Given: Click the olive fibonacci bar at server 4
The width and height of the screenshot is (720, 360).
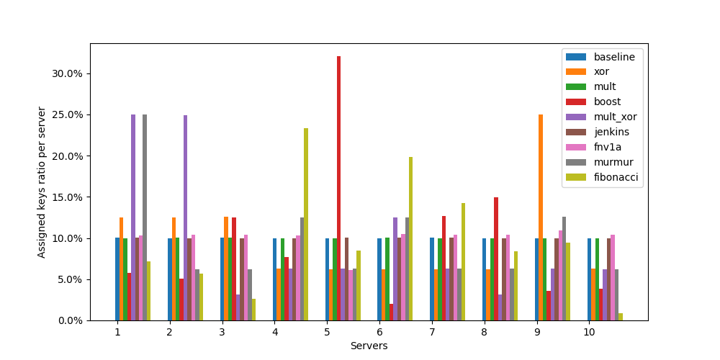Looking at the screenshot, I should click(x=306, y=223).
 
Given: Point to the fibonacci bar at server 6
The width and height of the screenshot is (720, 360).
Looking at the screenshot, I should click(x=411, y=238).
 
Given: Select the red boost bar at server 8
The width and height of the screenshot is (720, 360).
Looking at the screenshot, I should click(x=496, y=259).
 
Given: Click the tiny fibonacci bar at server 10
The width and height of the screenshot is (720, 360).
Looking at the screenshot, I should click(x=621, y=317).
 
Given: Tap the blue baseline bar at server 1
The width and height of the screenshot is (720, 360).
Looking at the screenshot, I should click(x=117, y=279).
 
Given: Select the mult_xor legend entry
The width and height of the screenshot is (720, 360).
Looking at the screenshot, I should click(x=615, y=117).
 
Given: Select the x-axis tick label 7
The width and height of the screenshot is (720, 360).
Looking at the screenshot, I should click(x=432, y=332).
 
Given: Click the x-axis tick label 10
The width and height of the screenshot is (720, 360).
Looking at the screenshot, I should click(x=589, y=332).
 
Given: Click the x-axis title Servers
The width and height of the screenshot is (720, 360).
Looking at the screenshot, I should click(x=369, y=346).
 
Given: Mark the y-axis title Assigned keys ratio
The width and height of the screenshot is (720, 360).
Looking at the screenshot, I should click(x=42, y=182).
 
